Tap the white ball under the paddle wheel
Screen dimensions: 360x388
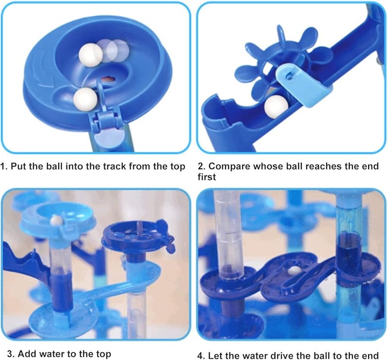275,104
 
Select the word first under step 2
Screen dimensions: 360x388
207,177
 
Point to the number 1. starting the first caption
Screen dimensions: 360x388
4,167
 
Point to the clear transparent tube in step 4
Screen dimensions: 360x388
228,233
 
